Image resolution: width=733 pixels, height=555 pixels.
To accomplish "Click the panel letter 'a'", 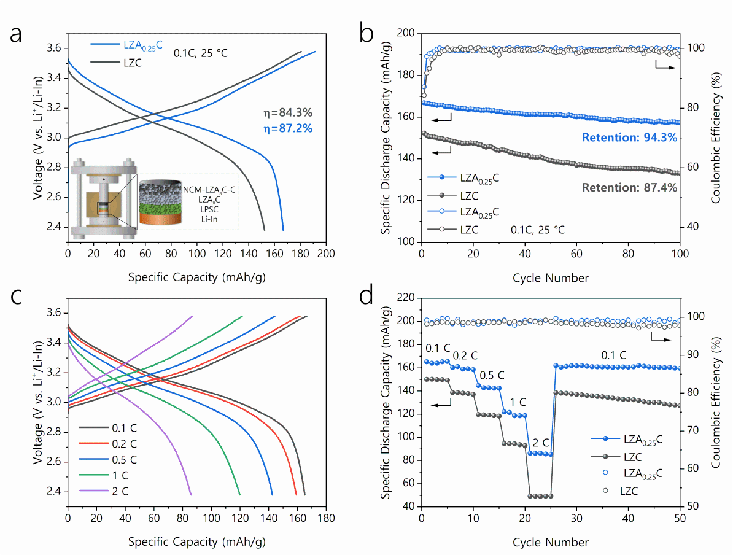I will point(17,34).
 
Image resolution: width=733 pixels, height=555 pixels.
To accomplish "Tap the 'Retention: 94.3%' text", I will point(630,138).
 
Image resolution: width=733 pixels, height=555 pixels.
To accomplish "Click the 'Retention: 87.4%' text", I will point(630,187).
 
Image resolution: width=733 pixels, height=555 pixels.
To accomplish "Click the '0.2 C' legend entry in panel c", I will point(124,443).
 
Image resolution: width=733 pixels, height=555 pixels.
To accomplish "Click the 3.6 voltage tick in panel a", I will point(53,48).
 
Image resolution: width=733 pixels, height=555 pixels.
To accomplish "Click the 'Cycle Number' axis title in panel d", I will point(551,541).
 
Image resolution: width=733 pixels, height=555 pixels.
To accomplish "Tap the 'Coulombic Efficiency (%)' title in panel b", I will point(716,137).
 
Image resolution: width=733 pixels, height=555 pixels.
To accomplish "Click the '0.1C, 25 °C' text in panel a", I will point(200,53).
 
